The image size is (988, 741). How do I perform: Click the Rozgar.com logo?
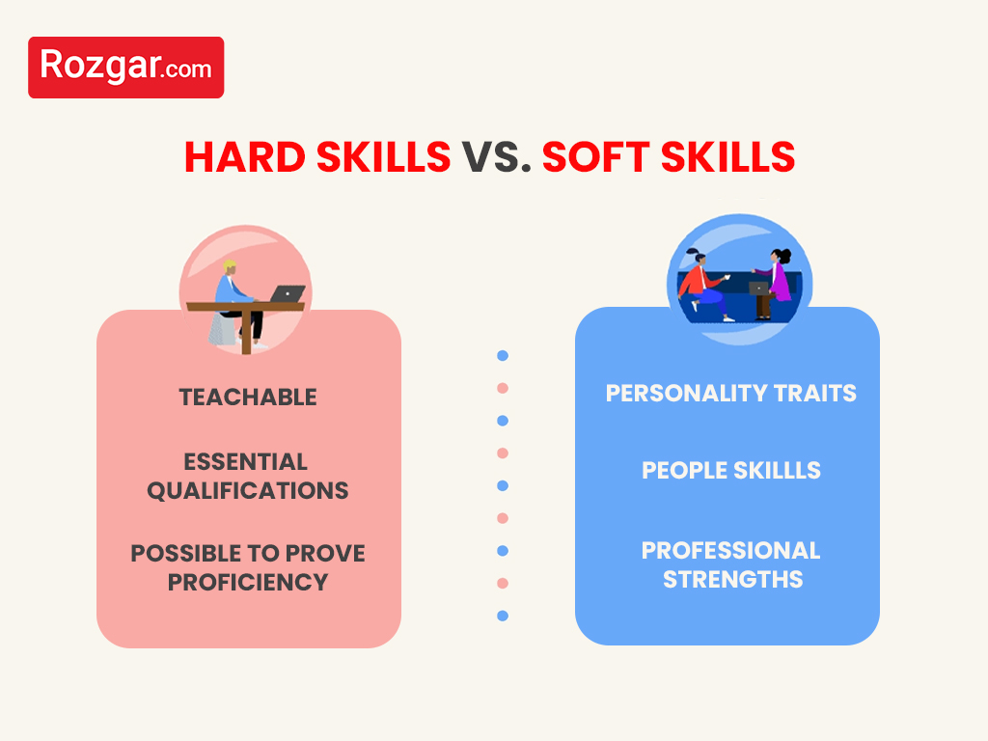125,68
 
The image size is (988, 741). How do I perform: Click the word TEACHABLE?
248,397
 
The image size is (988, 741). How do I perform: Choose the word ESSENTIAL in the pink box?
246,461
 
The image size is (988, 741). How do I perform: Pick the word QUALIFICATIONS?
248,490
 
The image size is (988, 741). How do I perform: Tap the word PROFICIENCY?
248,582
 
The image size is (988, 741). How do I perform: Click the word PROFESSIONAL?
730,550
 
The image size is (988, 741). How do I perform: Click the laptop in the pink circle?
287,293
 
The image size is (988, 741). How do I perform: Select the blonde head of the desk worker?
230,266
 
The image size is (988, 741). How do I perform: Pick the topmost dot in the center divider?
503,356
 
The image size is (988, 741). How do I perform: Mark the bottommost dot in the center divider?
503,616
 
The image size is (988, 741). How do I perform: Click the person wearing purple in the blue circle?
780,277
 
